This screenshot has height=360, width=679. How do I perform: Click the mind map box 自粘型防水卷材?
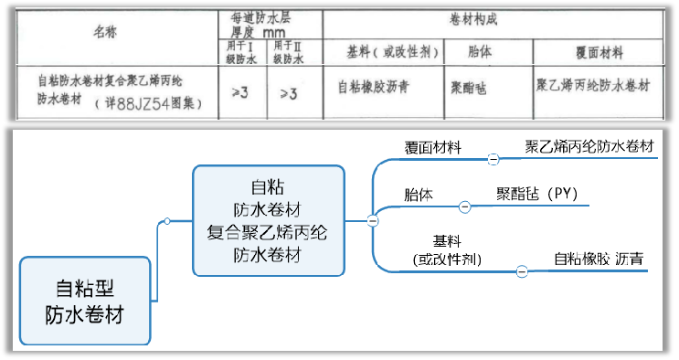84,302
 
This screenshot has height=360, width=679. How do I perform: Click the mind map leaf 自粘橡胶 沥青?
599,259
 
